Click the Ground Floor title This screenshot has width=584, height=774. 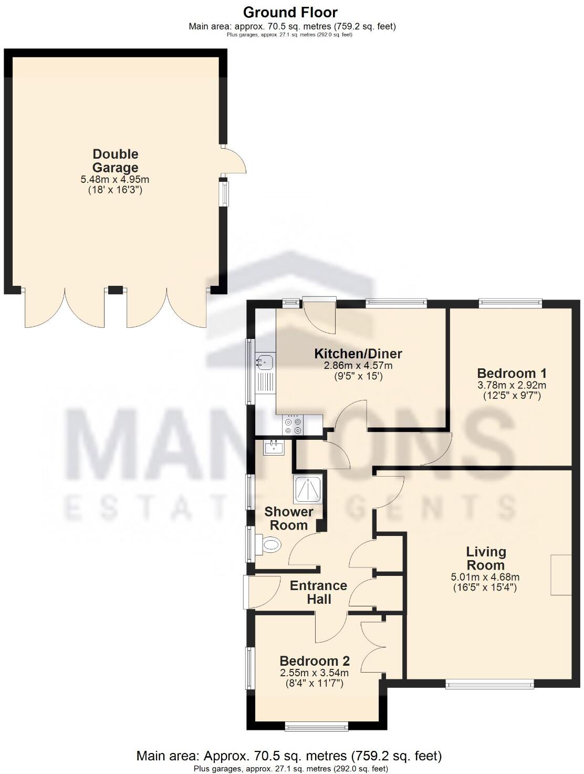[290, 12]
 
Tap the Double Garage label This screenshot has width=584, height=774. [116, 161]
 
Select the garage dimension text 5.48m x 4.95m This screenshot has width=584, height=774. [115, 180]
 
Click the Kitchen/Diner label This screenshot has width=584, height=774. [358, 354]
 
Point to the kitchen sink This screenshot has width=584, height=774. [265, 361]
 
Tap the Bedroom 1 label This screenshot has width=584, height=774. [512, 373]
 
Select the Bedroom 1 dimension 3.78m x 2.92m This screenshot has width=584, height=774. [512, 385]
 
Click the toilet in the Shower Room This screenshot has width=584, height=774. [270, 545]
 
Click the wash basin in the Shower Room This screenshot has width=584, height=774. [274, 447]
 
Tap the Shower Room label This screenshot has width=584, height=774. [288, 518]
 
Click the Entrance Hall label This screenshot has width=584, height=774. [319, 592]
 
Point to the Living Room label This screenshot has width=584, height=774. [486, 558]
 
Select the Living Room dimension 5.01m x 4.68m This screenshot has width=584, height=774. [485, 577]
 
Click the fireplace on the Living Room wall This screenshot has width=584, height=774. [560, 574]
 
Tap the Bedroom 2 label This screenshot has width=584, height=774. [315, 661]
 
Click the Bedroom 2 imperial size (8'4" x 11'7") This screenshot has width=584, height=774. [315, 683]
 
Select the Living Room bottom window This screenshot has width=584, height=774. [489, 684]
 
